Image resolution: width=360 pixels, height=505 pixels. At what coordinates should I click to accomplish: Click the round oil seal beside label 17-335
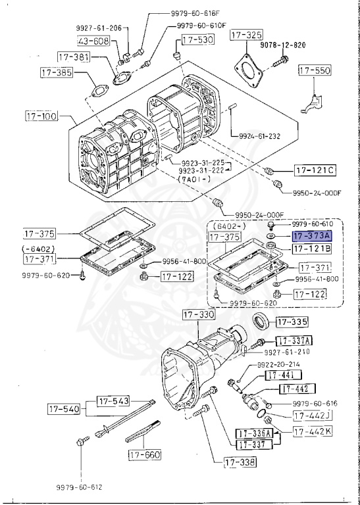pos(261,323)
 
